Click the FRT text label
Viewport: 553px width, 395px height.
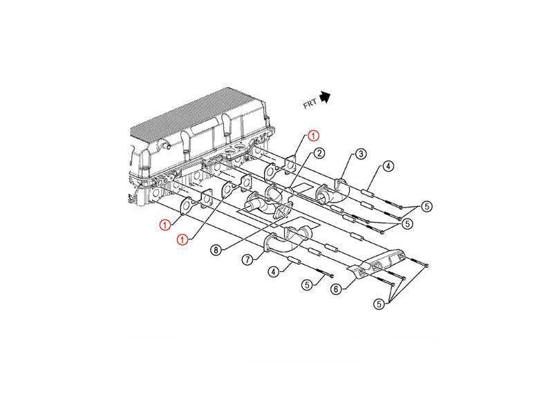click(310, 104)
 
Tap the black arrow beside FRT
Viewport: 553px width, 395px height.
click(325, 97)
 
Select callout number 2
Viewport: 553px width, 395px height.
click(319, 153)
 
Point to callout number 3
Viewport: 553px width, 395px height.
click(360, 154)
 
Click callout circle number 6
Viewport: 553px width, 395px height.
click(336, 289)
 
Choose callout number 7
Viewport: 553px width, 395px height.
click(247, 260)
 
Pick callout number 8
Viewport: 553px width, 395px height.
click(216, 250)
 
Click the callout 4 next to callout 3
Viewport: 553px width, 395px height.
click(388, 166)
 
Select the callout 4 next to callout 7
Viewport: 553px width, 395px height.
click(273, 272)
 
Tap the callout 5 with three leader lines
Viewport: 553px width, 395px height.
click(379, 304)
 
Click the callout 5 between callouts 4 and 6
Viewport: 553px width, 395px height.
click(307, 284)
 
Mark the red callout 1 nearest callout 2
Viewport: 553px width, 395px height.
click(313, 136)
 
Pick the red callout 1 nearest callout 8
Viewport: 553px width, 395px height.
click(182, 240)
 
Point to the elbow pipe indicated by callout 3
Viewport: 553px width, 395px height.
click(337, 191)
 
